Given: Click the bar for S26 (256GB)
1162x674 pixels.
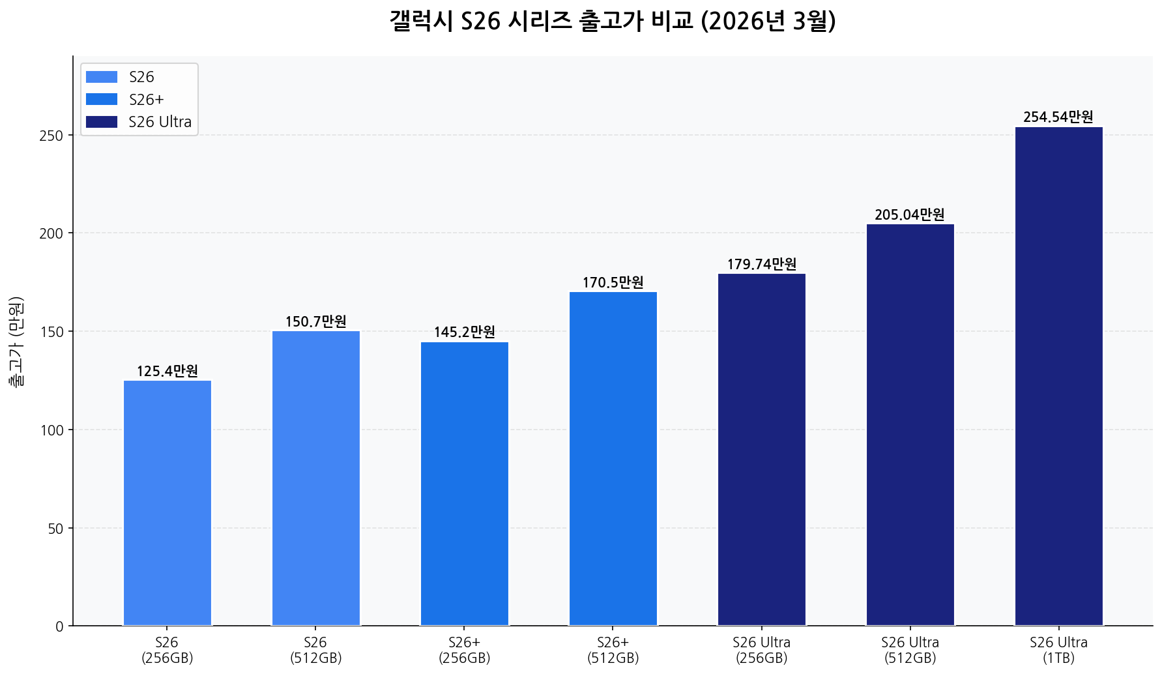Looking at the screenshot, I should [167, 503].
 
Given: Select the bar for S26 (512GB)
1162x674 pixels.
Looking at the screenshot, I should [316, 478].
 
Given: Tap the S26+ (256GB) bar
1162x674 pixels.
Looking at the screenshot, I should [465, 484].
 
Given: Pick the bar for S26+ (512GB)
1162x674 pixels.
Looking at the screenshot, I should [613, 459].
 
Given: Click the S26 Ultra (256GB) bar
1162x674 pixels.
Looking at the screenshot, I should [762, 450].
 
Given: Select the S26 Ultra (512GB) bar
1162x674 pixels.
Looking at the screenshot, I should [910, 425].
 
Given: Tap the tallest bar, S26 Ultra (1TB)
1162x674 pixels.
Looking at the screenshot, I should [1059, 376].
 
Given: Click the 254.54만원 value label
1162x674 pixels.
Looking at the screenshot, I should [1058, 117].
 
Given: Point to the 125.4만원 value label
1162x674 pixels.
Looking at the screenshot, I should [167, 372].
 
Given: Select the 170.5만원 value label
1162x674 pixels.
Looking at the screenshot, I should [613, 283].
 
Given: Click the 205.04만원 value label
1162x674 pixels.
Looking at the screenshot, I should [910, 215].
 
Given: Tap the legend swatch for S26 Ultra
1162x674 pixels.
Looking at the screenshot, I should [102, 122].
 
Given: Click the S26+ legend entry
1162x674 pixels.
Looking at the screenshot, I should [146, 100].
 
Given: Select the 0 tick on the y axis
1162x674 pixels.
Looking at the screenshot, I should [59, 627].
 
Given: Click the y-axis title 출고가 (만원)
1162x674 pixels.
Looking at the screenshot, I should [16, 342].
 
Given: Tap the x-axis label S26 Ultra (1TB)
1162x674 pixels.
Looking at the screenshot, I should [1058, 650].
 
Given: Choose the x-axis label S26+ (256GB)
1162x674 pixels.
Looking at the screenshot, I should [465, 650].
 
